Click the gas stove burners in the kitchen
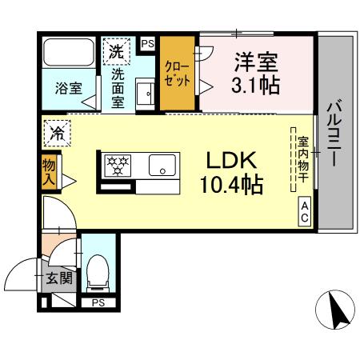tap(118, 166)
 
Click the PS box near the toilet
tap(98, 302)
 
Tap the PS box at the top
tap(147, 43)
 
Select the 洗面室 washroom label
tap(118, 88)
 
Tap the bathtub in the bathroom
tap(69, 53)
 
